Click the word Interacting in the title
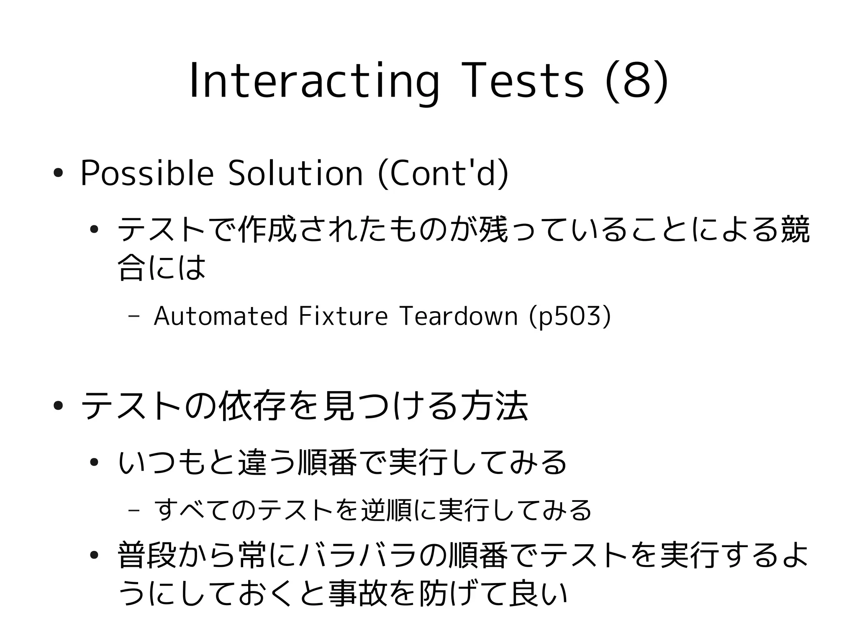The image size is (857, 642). (x=314, y=82)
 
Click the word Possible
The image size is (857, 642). (x=147, y=173)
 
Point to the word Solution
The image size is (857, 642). (x=295, y=173)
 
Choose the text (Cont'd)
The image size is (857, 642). (x=443, y=173)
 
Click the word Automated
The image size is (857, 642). (x=221, y=316)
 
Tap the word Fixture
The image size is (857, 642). (x=344, y=316)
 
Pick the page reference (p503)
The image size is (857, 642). (x=570, y=316)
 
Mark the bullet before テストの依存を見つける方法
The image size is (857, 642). (x=58, y=405)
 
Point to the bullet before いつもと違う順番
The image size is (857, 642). (x=94, y=462)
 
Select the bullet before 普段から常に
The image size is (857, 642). (x=94, y=555)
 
